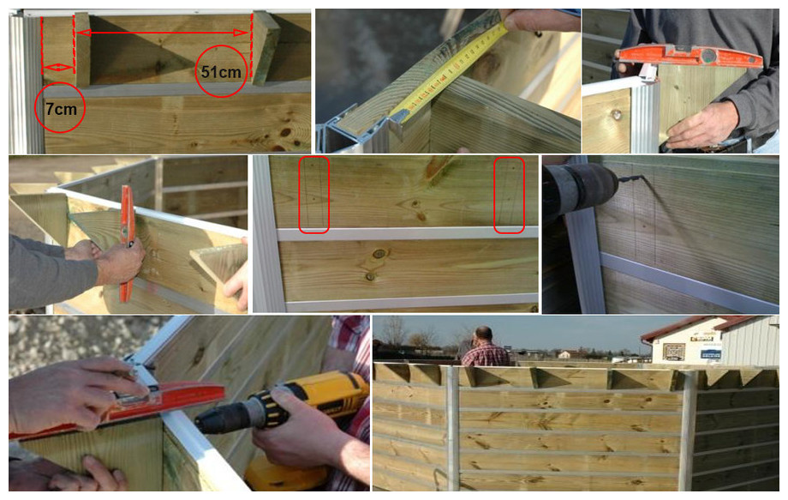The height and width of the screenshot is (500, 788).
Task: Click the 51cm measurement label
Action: coord(220,71)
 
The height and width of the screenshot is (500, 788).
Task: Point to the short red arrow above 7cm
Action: coord(58,67)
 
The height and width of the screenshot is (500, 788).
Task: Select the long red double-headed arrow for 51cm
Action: coord(163,33)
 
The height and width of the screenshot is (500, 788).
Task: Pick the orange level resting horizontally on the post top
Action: coord(690,57)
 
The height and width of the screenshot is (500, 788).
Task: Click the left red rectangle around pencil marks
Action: coord(314,195)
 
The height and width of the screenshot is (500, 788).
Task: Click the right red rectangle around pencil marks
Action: coord(510,195)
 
